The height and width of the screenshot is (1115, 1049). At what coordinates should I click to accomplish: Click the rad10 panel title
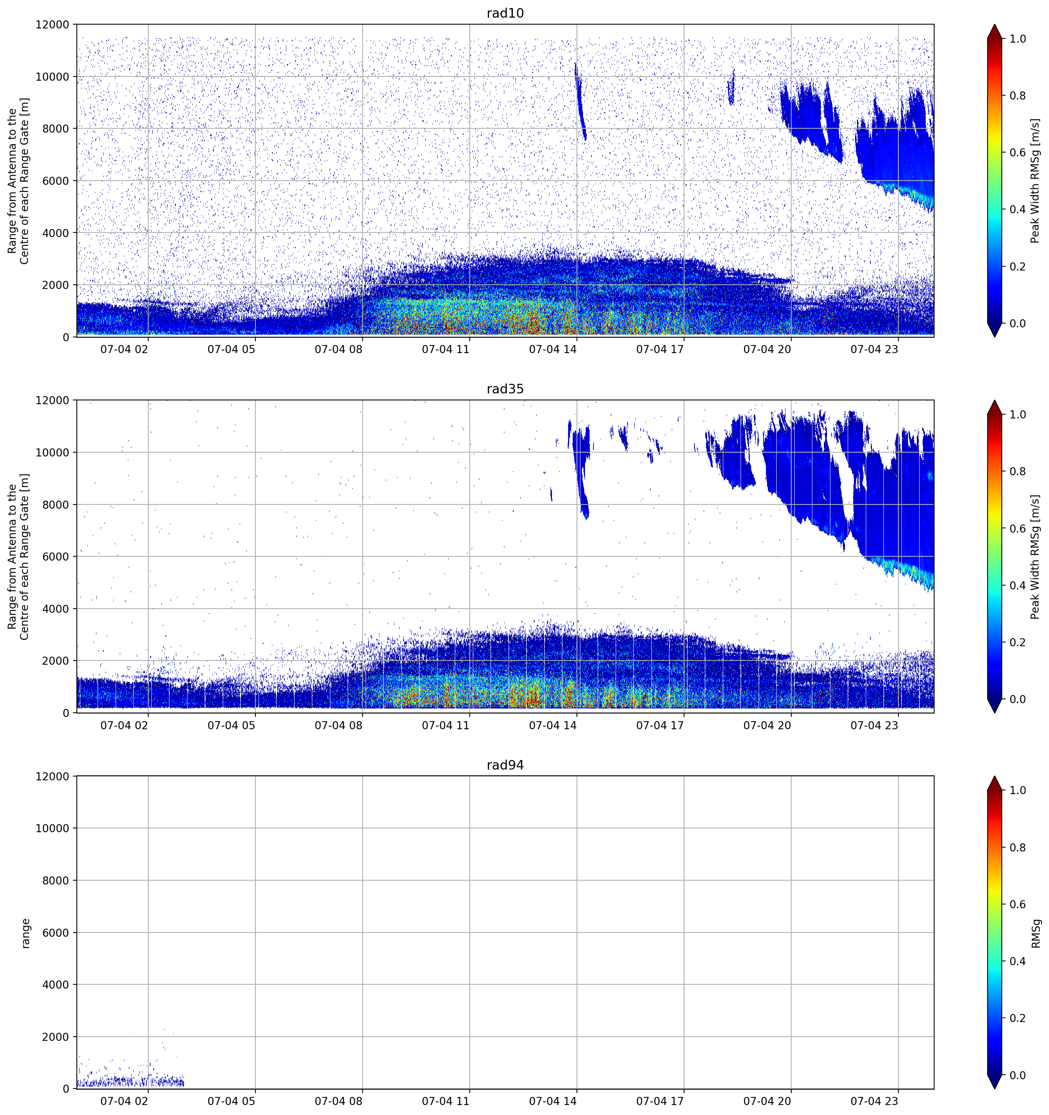[x=505, y=13]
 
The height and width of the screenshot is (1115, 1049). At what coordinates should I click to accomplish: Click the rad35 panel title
[x=505, y=389]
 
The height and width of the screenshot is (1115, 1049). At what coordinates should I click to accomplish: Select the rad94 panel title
[x=505, y=765]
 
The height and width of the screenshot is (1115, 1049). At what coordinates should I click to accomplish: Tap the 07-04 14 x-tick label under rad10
[x=552, y=349]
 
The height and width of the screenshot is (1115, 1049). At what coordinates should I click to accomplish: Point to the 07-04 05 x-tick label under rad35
[x=231, y=725]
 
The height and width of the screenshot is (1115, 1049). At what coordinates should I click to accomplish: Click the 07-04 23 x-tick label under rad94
[x=874, y=1102]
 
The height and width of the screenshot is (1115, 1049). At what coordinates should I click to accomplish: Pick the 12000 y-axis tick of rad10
[x=52, y=25]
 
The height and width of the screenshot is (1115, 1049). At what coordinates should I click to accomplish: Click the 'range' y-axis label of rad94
[x=26, y=933]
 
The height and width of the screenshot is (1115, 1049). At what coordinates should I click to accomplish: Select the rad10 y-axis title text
[x=18, y=181]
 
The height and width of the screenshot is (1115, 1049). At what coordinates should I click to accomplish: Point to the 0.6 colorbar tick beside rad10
[x=1018, y=153]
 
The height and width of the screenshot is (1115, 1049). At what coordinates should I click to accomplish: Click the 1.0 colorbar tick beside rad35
[x=1018, y=415]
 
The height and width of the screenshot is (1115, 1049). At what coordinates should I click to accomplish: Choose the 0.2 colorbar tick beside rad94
[x=1018, y=1018]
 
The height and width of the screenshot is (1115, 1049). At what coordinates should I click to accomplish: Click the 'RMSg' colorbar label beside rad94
[x=1036, y=933]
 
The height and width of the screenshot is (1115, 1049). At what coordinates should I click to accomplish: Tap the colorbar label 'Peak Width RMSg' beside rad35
[x=1036, y=557]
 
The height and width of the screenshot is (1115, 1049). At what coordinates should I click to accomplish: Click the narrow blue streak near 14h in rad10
[x=580, y=101]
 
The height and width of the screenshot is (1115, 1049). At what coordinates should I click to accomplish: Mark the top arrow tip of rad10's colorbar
[x=994, y=25]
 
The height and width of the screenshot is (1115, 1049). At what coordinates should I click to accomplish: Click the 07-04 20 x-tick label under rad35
[x=767, y=725]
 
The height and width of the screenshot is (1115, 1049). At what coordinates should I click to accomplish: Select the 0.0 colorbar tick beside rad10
[x=1018, y=324]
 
